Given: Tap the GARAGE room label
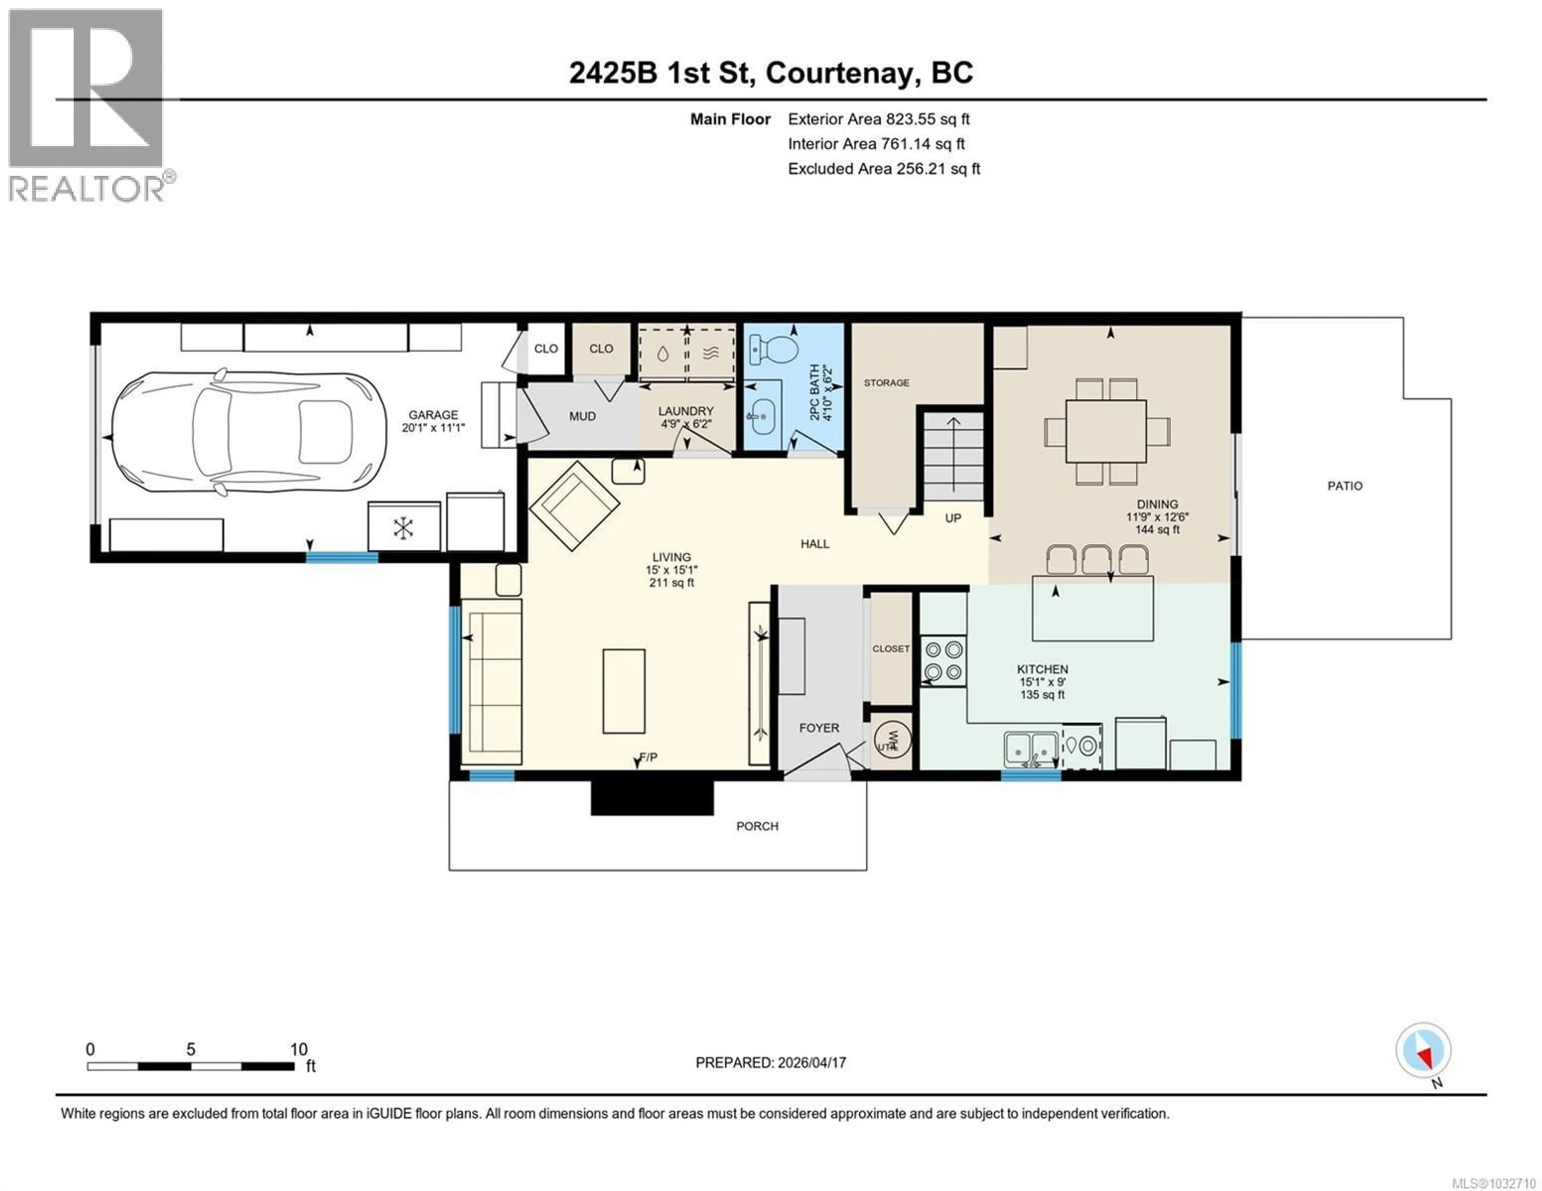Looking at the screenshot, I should click(433, 415).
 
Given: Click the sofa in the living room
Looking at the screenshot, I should click(492, 682).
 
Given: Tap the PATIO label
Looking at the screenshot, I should click(1344, 486).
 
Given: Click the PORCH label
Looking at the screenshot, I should click(757, 826).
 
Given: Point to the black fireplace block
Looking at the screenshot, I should click(652, 797).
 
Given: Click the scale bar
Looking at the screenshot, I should click(191, 1066).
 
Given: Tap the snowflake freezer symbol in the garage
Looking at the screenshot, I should click(403, 528).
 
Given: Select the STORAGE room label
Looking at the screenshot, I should click(886, 383).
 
